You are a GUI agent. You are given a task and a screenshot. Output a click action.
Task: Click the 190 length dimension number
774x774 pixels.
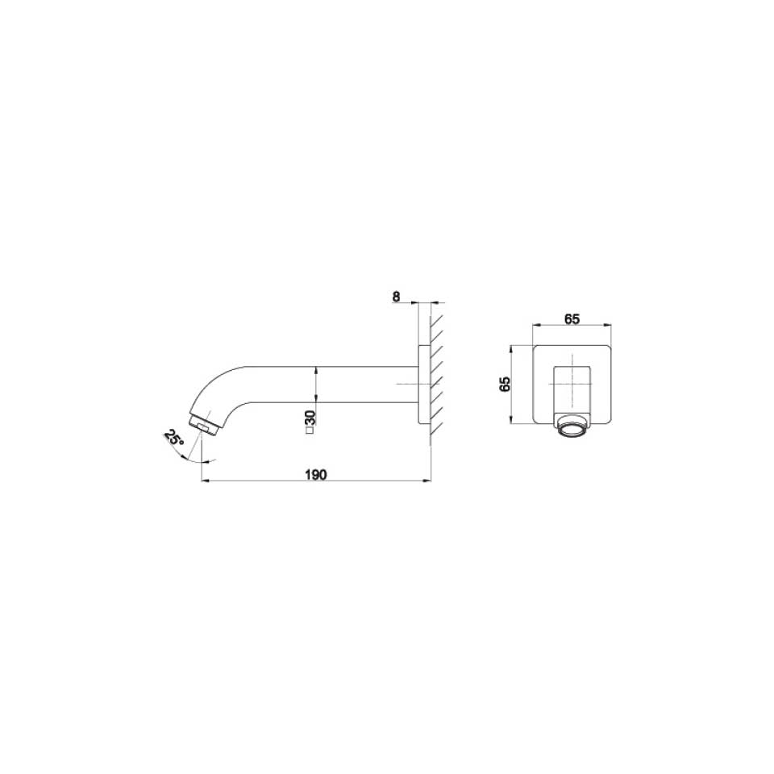tap(316, 475)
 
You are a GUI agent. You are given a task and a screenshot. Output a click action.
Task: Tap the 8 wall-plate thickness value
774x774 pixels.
tap(396, 296)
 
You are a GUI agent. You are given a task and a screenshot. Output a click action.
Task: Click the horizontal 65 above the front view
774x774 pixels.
tap(572, 318)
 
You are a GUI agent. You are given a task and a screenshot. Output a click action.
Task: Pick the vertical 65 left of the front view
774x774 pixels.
tap(506, 384)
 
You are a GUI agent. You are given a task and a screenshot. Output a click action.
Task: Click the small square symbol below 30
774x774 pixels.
tap(310, 433)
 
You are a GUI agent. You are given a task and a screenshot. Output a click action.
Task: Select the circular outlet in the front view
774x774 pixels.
tap(572, 427)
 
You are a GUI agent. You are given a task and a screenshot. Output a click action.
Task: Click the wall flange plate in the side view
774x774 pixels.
tap(423, 385)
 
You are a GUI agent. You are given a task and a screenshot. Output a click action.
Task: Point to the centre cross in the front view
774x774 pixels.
tap(572, 385)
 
